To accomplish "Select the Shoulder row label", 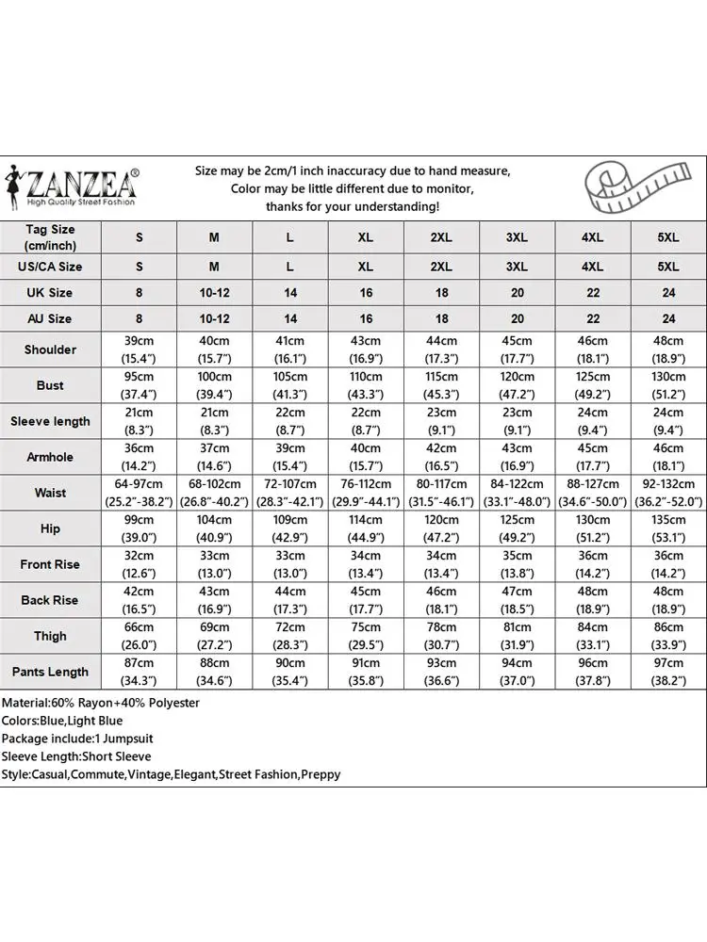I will tap(50, 349).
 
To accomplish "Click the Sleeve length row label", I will tap(50, 421).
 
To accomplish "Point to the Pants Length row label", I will tap(50, 672).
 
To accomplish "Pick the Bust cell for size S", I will tap(140, 385).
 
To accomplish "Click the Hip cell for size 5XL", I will tap(667, 528).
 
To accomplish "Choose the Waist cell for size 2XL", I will tap(441, 493).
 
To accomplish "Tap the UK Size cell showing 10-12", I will tap(215, 293).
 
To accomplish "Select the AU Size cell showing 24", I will tap(667, 319).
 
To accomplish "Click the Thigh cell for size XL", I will tap(366, 636).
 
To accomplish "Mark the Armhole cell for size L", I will tap(290, 457).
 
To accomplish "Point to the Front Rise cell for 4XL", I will tap(592, 564).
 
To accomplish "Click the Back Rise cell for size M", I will tap(215, 600).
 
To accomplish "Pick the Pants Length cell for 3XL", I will tap(517, 672).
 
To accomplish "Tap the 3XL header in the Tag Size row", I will tap(517, 237).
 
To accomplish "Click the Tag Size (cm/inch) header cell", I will tap(50, 237).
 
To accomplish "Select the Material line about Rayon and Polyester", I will tap(101, 703).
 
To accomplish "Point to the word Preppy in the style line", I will tap(321, 774).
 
